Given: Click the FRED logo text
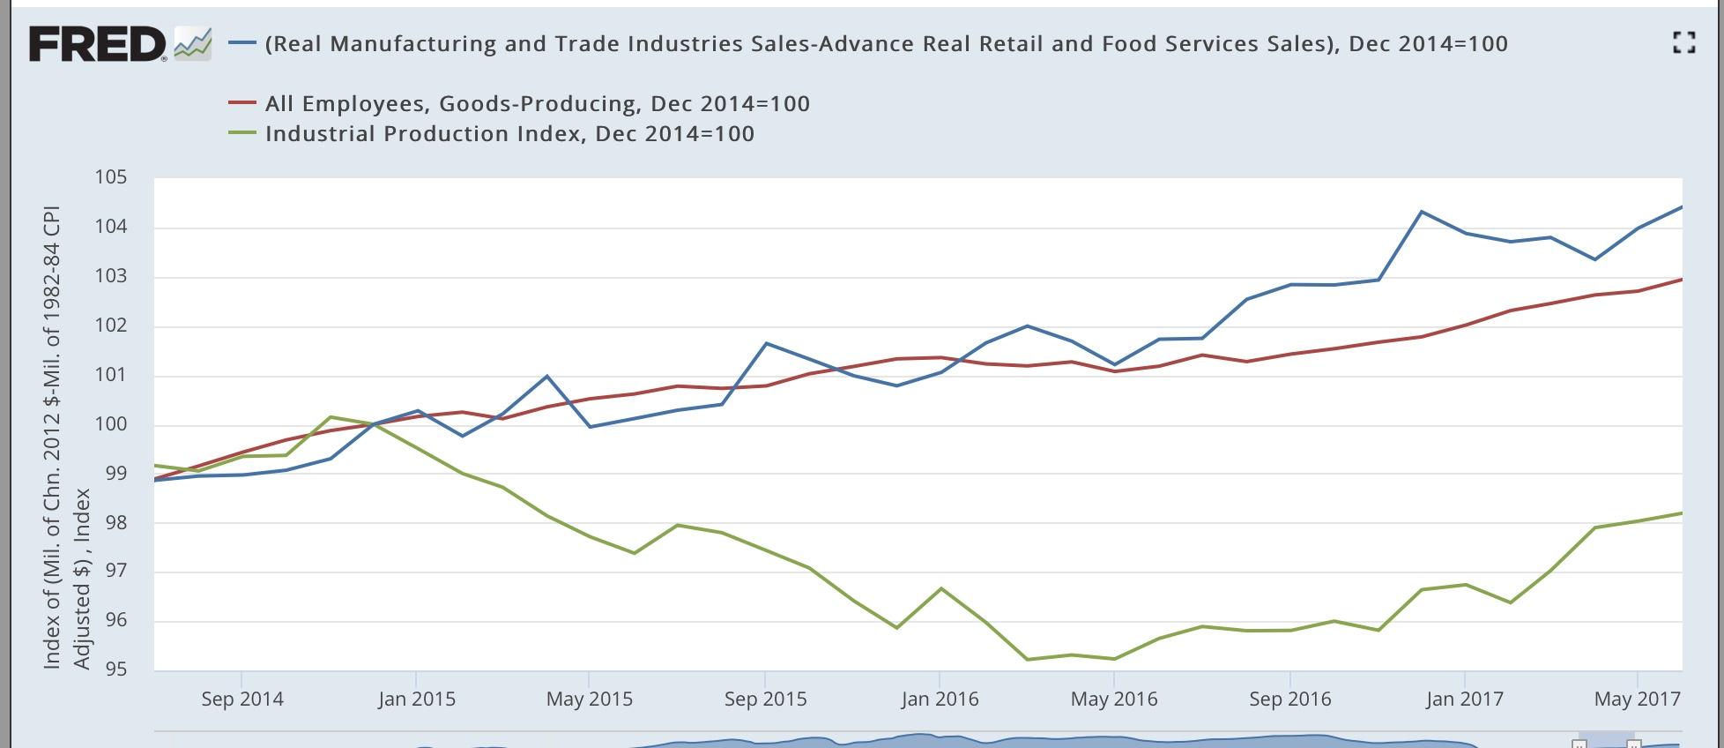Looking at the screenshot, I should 97,44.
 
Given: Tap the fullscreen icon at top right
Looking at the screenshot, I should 1683,42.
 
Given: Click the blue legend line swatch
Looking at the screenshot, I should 242,43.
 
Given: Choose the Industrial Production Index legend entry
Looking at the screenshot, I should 509,134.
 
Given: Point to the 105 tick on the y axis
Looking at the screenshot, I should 111,177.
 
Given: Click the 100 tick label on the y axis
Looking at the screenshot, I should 111,424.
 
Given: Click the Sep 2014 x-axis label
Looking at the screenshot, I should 242,699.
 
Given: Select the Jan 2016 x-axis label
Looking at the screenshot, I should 940,699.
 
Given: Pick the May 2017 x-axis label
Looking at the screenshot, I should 1637,699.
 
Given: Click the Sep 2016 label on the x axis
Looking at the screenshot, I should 1289,699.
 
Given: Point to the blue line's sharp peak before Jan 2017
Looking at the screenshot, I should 1421,212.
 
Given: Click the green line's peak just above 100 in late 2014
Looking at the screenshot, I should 331,417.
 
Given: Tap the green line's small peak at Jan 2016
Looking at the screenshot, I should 940,588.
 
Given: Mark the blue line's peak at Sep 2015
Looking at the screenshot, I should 766,343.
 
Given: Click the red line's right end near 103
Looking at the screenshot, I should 1680,280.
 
